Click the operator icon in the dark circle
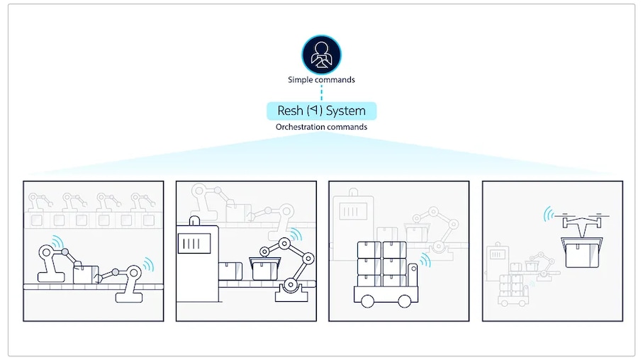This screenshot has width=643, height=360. [x=322, y=55]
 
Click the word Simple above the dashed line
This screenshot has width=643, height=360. [x=300, y=80]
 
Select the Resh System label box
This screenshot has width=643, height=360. [x=322, y=111]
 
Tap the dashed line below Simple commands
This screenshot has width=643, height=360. [x=322, y=93]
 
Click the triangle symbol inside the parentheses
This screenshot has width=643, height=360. [x=314, y=110]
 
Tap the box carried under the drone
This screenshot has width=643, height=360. [x=581, y=252]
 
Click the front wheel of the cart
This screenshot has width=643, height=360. [x=367, y=301]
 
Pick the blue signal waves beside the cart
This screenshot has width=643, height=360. [x=425, y=260]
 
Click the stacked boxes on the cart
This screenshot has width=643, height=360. [x=382, y=264]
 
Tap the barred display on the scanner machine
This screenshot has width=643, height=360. [x=194, y=244]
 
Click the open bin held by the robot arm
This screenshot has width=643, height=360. [x=265, y=268]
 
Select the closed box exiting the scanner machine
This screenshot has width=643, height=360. [x=230, y=271]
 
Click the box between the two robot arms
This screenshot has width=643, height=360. [x=86, y=274]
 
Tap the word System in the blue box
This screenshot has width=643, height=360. [x=346, y=111]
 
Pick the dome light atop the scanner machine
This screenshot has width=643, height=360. [x=195, y=220]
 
